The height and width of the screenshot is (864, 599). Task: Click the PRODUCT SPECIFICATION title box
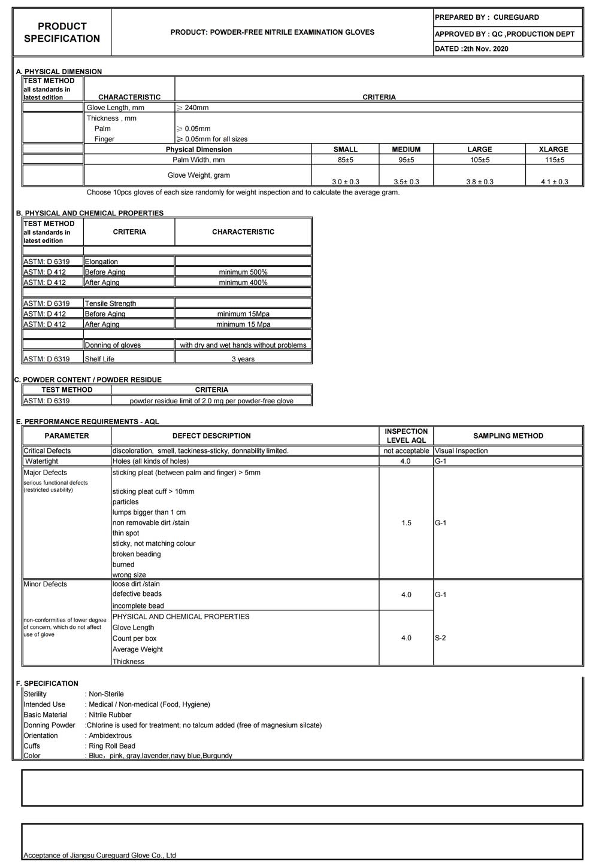click(62, 32)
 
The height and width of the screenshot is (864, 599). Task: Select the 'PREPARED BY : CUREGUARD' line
click(486, 17)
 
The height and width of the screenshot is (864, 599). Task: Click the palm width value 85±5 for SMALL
click(346, 160)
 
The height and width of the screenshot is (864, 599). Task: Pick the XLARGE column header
click(553, 150)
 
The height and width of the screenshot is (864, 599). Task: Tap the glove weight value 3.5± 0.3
click(406, 181)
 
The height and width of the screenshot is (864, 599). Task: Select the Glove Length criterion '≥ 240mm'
click(193, 108)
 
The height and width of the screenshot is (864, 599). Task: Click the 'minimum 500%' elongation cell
click(243, 272)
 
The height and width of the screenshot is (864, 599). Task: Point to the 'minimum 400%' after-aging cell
click(243, 282)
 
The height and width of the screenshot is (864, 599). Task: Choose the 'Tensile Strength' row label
click(110, 303)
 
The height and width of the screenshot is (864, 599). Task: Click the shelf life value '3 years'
click(243, 359)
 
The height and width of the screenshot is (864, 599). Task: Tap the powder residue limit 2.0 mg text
click(211, 401)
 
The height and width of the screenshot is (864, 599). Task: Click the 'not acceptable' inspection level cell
click(406, 451)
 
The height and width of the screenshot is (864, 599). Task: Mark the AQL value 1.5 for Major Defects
click(406, 523)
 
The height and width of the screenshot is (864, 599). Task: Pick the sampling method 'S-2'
click(440, 638)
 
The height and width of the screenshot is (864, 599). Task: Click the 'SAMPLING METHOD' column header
click(508, 436)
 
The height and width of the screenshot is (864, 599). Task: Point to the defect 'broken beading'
click(137, 554)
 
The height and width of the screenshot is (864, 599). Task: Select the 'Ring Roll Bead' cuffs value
click(112, 746)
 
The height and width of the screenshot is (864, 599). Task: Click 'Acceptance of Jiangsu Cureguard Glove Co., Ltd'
click(99, 856)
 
